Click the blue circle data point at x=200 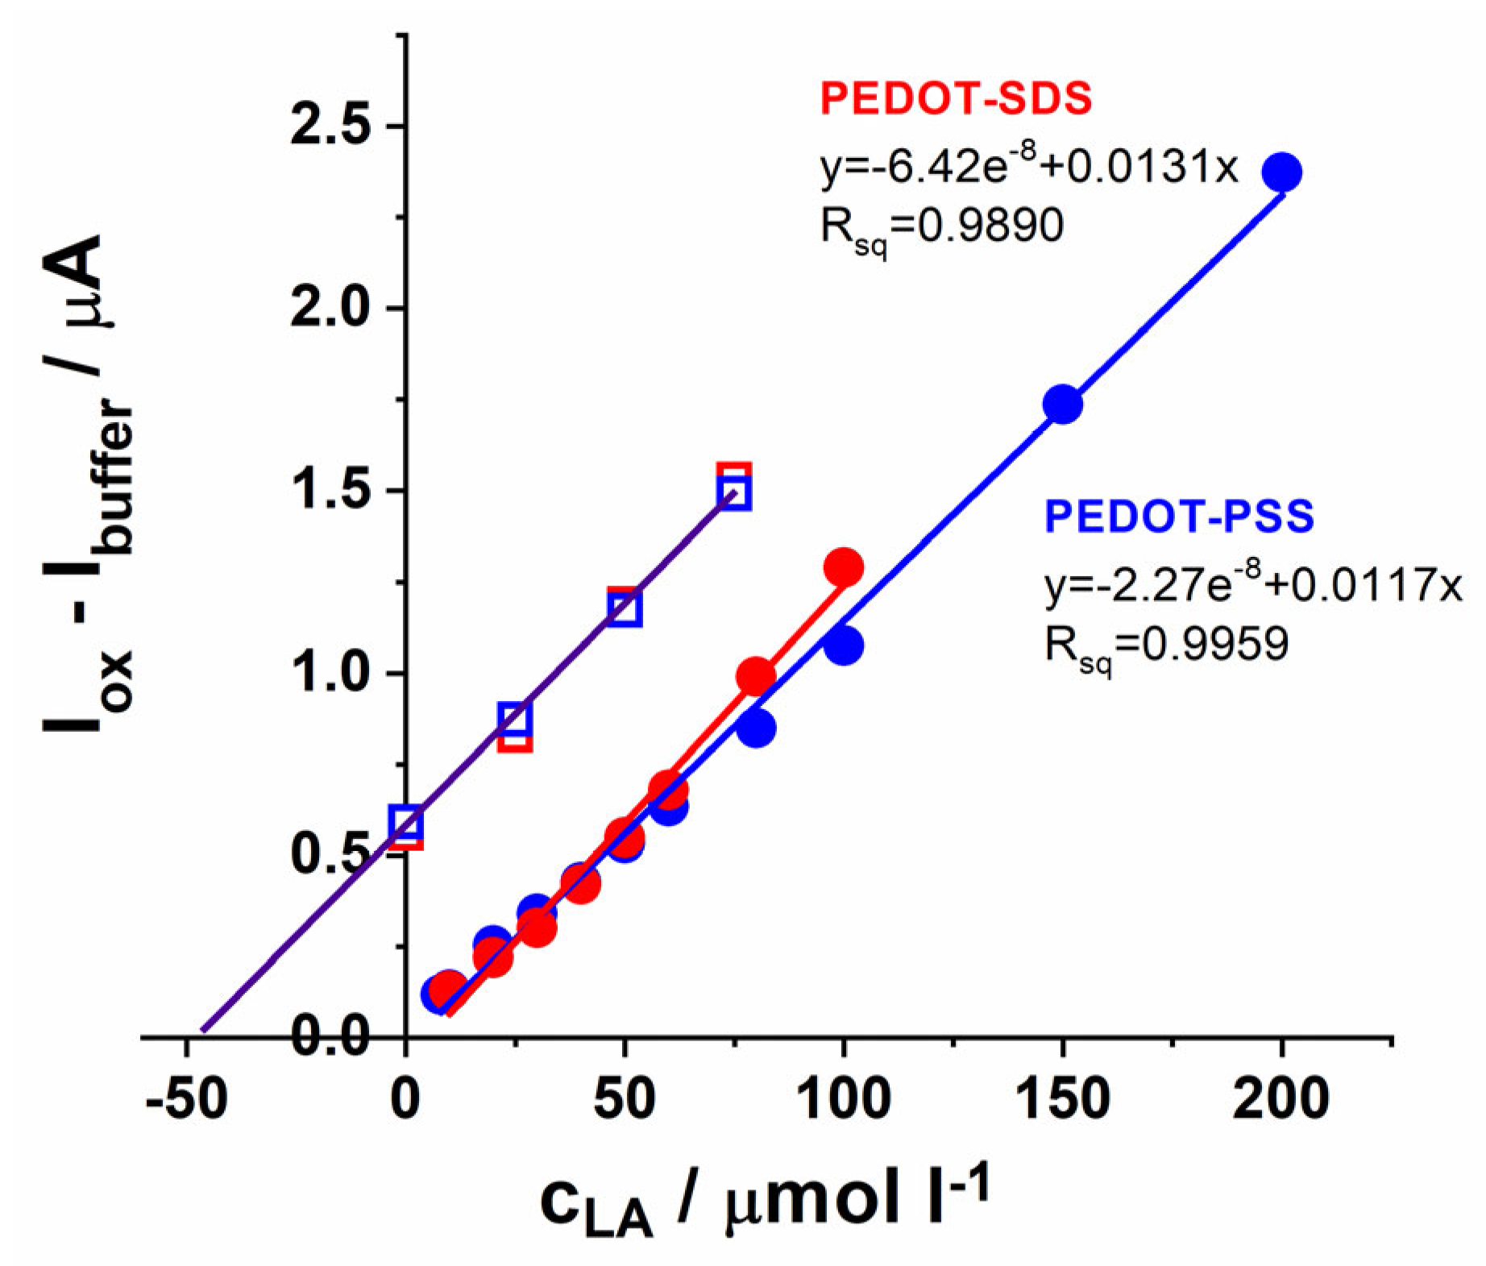1281,172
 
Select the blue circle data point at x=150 1062,404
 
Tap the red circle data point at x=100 843,567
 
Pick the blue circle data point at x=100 843,645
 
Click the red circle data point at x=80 755,675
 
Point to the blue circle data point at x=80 755,728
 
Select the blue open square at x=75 733,493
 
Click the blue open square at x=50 625,608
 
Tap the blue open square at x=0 405,823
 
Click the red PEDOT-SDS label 956,98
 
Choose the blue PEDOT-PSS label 1179,517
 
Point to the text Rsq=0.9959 1166,645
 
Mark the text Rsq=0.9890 941,228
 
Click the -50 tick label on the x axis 186,1098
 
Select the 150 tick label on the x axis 1062,1098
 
